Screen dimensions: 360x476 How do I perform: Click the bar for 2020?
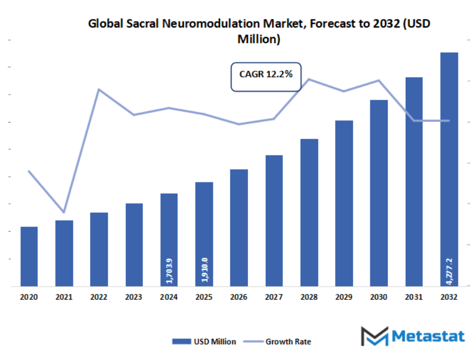[29, 257]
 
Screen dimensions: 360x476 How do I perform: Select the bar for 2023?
[134, 245]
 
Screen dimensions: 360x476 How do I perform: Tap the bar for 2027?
[274, 221]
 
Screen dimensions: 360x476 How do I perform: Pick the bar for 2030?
[379, 193]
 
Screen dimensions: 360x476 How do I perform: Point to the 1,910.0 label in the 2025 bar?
[204, 269]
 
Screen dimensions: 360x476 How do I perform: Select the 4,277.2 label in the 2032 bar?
[449, 270]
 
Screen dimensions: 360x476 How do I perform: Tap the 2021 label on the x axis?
[64, 297]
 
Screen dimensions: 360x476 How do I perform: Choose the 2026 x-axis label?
[239, 297]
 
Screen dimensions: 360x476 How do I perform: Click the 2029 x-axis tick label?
[344, 297]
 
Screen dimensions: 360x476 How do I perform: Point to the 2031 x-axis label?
[414, 297]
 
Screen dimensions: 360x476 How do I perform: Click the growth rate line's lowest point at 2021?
[64, 212]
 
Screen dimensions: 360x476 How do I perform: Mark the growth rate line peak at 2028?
[309, 79]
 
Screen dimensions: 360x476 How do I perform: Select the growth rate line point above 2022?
[99, 89]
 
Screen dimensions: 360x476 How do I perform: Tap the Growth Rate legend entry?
[280, 342]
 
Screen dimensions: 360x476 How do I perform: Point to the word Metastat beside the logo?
[428, 336]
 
